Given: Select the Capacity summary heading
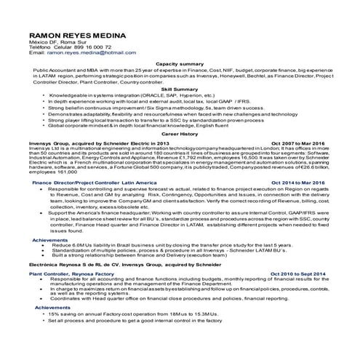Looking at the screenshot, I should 180,64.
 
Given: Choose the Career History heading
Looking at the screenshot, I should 180,135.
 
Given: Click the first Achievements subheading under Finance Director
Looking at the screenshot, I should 50,239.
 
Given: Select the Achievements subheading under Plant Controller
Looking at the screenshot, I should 50,308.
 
